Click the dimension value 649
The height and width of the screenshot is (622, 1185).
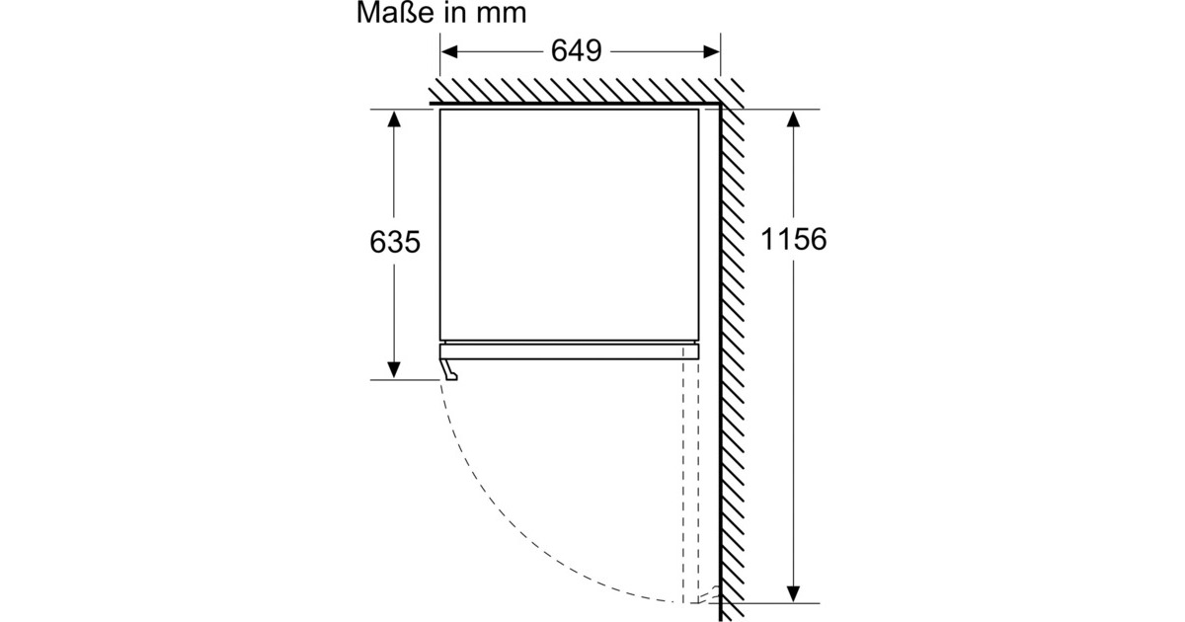point(576,50)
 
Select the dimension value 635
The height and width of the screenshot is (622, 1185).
point(395,242)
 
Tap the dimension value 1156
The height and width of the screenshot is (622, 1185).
point(793,239)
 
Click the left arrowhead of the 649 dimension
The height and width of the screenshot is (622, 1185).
point(448,51)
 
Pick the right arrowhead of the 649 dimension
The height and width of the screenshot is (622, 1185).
point(711,51)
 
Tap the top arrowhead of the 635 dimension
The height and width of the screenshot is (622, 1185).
point(394,118)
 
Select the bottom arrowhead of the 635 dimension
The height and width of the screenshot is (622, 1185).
point(394,370)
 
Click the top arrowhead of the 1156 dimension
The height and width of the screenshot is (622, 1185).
point(793,118)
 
